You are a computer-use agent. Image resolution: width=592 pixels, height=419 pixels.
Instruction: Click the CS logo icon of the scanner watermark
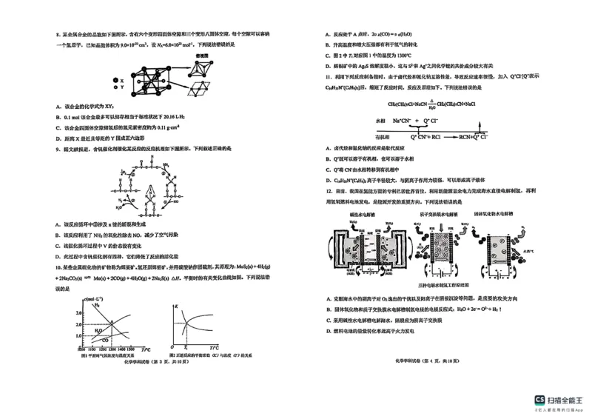(x=540, y=400)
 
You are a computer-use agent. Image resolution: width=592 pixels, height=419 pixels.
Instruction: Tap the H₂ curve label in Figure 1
(x=98, y=304)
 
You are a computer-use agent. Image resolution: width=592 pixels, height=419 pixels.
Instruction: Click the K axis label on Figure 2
(x=177, y=305)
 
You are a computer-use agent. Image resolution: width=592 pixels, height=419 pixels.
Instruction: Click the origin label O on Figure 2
(x=172, y=348)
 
